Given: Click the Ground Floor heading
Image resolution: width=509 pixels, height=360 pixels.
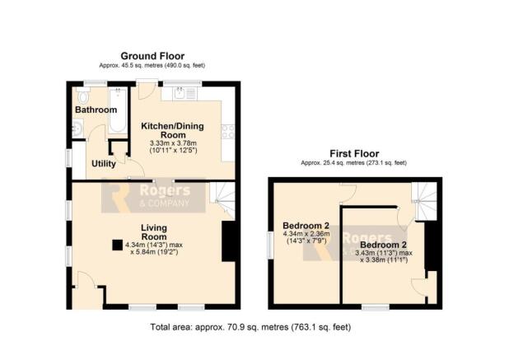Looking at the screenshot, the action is tap(152, 56).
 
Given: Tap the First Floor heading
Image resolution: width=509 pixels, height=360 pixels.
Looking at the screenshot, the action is tap(354, 153).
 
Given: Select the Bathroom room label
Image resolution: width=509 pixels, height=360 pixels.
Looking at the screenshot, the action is tap(96, 110).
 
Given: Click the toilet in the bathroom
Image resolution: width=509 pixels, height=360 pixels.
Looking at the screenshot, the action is tap(83, 96).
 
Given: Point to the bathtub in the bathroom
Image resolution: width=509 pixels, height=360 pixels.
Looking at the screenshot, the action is tap(117, 110).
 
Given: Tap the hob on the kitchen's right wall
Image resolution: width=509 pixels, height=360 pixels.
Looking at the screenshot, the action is tap(228, 132).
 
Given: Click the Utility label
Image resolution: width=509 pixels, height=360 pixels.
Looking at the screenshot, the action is tap(104, 164).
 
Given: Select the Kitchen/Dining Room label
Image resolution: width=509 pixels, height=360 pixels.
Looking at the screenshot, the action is tap(173, 130).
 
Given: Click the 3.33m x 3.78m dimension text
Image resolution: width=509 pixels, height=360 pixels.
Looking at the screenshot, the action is tap(173, 143).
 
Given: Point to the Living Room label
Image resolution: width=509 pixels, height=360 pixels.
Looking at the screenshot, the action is tap(154, 232).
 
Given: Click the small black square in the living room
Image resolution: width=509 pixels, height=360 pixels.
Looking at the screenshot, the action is tap(118, 245).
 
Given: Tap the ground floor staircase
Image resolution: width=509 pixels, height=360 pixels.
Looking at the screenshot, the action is tap(222, 199).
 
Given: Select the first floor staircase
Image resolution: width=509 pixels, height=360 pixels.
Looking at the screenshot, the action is tap(424, 200).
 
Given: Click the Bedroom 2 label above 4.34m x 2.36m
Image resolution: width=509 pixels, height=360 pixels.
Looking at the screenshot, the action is tap(306, 226).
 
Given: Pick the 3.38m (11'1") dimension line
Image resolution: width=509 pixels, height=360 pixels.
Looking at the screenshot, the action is tap(384, 259).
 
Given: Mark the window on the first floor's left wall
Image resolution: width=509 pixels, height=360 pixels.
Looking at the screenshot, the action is tap(270, 245).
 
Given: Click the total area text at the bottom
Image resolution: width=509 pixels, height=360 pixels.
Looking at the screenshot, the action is tap(250, 327).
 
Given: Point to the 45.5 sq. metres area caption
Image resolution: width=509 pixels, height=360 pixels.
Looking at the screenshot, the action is tap(152, 65).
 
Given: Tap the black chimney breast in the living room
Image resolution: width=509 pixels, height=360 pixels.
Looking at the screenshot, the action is tap(228, 241).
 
